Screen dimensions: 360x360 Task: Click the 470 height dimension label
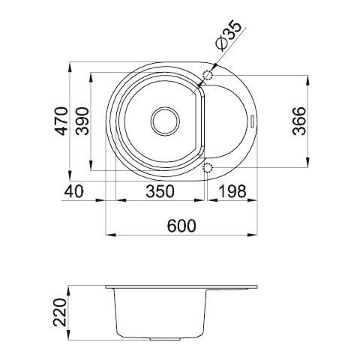pos(61,121)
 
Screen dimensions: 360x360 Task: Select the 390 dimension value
pos(82,121)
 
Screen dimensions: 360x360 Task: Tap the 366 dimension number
pos(299,121)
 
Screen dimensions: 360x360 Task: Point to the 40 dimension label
pos(73,191)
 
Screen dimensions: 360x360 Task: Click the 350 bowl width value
pos(160,191)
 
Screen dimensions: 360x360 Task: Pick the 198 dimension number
pos(232,191)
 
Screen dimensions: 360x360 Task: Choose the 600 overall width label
pos(181,226)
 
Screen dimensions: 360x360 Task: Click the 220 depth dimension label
pos(61,313)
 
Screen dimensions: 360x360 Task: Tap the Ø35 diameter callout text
pos(229,37)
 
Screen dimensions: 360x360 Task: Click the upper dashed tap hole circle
pos(208,74)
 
